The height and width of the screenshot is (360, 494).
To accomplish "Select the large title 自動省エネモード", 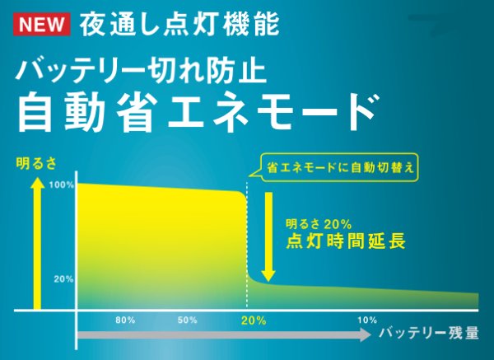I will pos(198,113).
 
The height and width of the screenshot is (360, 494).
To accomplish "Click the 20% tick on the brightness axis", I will pos(63,279).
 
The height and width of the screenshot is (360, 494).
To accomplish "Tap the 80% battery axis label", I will pos(126,320).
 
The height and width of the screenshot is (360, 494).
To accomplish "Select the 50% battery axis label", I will pos(187,320).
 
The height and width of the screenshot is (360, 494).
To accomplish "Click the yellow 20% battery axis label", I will pos(254,320).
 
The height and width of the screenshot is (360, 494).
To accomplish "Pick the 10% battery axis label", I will pos(367,320).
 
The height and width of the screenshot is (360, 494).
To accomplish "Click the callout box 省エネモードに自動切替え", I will pos(339,166).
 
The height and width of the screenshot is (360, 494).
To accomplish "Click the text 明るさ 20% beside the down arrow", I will pos(319,223).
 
